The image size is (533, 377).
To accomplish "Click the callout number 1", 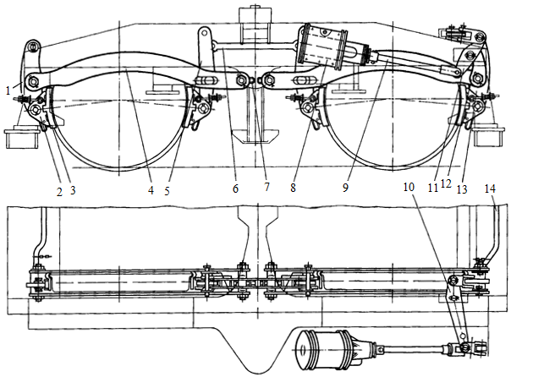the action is pos(7,89).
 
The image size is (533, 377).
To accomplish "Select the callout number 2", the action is pos(60,192).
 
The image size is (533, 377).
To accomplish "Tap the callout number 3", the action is pos(73,192).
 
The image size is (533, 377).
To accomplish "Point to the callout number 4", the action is pos(151,190).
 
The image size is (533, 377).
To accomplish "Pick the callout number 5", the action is pos(167,190).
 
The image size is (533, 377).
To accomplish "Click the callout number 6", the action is pos(234,188).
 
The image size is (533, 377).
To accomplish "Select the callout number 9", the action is pos(345,188).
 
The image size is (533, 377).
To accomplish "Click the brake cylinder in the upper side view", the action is pos(327,48).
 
